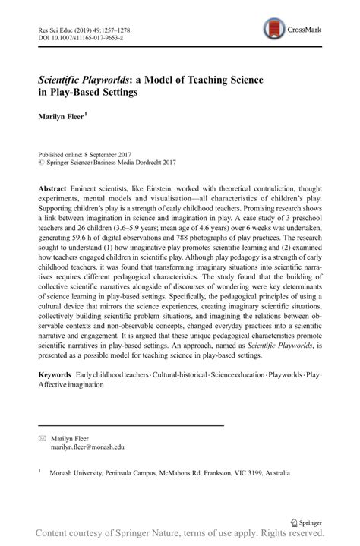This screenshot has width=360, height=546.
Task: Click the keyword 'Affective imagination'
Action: tap(73, 385)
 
